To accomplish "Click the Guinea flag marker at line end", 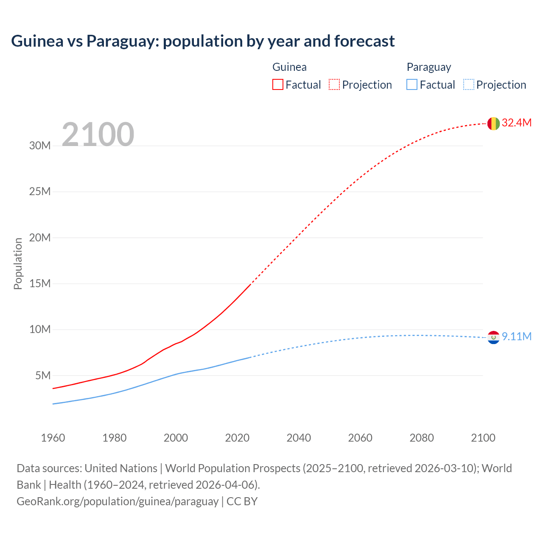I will pyautogui.click(x=493, y=123).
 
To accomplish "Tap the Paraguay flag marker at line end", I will pyautogui.click(x=493, y=337).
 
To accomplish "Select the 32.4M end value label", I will pyautogui.click(x=516, y=123).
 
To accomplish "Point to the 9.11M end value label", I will pyautogui.click(x=516, y=336).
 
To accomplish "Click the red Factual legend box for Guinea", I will pyautogui.click(x=277, y=84).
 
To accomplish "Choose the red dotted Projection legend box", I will pyautogui.click(x=334, y=84).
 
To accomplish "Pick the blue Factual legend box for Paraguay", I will pyautogui.click(x=411, y=84).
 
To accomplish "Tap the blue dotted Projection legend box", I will pyautogui.click(x=468, y=84).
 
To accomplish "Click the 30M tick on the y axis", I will pyautogui.click(x=40, y=146).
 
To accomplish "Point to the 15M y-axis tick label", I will pyautogui.click(x=40, y=283).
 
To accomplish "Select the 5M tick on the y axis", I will pyautogui.click(x=43, y=375).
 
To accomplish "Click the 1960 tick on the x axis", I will pyautogui.click(x=53, y=438).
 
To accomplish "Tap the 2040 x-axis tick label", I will pyautogui.click(x=299, y=438).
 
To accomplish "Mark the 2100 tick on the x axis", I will pyautogui.click(x=483, y=438).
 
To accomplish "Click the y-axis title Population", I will pyautogui.click(x=18, y=263).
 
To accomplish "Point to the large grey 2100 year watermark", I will pyautogui.click(x=98, y=134).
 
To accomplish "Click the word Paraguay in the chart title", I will pyautogui.click(x=122, y=41).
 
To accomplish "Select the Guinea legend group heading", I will pyautogui.click(x=289, y=67).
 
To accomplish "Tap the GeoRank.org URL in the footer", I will pyautogui.click(x=118, y=501).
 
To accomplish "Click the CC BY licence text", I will pyautogui.click(x=242, y=501).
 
